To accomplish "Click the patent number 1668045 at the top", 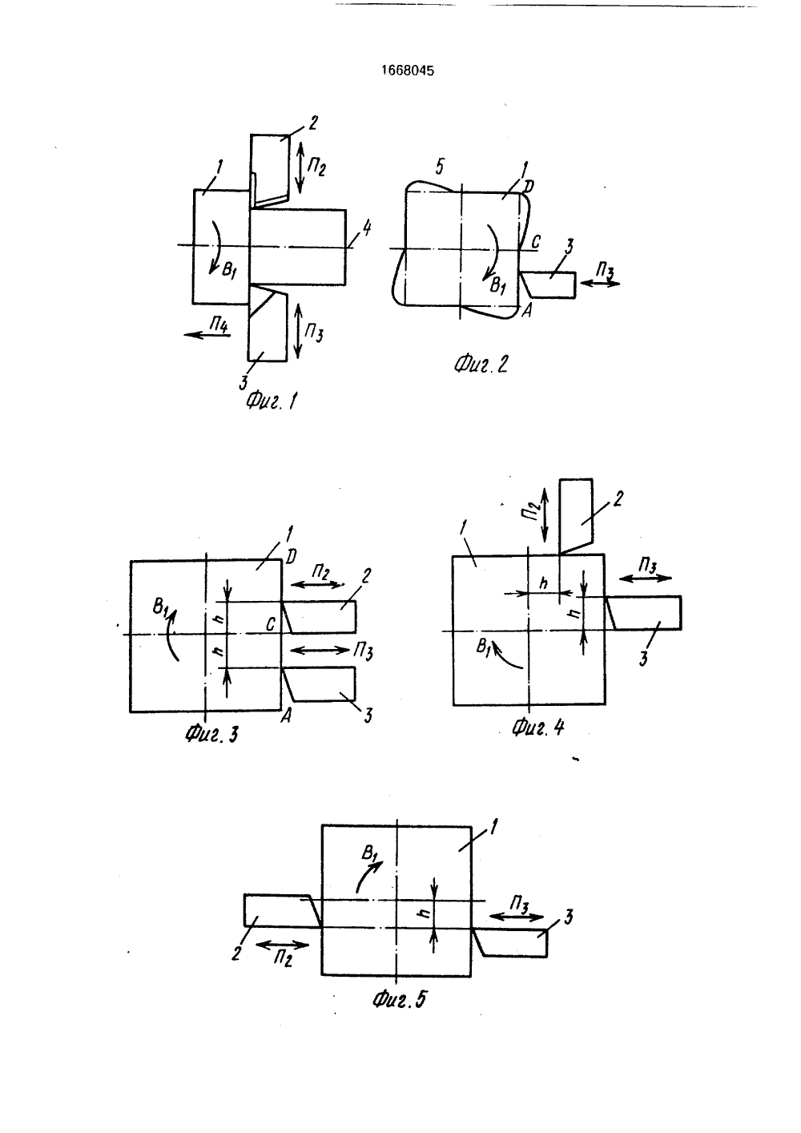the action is [x=408, y=71].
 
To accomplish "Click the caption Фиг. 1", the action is [x=272, y=401].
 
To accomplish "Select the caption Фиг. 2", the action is [x=481, y=364].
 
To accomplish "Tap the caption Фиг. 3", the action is [x=211, y=734].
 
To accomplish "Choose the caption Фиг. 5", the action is [x=400, y=999].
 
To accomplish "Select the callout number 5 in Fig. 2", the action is [x=440, y=167].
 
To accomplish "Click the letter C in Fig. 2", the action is [x=536, y=243].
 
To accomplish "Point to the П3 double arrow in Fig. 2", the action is [x=599, y=284].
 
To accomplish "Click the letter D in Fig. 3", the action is [x=291, y=558].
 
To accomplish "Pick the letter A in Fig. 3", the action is [x=286, y=716].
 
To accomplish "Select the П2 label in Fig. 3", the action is [x=320, y=573].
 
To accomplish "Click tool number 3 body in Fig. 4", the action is [x=643, y=612].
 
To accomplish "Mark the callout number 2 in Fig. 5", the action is [x=236, y=953].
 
